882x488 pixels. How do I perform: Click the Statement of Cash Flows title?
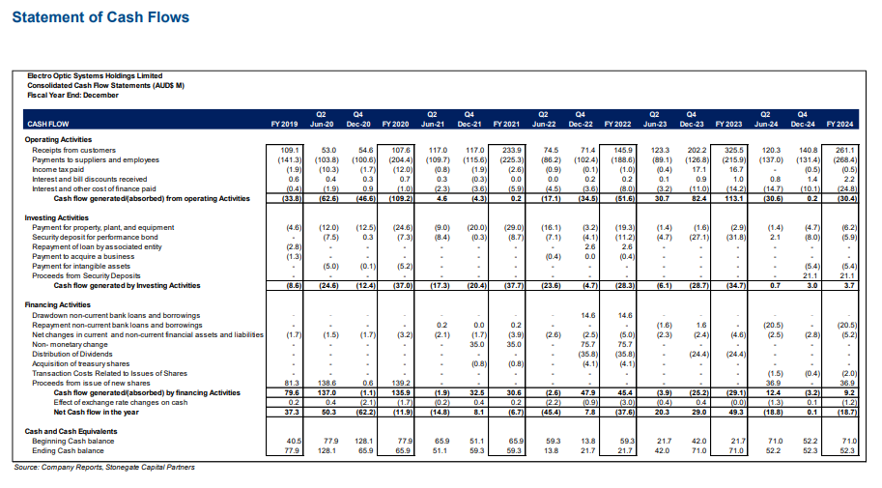[100, 17]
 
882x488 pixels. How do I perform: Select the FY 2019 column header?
[284, 125]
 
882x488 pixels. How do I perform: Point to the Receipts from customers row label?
[68, 151]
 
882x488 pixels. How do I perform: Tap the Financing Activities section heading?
[58, 305]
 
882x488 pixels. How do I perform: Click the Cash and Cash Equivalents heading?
[67, 430]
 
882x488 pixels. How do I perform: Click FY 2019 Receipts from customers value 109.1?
[289, 151]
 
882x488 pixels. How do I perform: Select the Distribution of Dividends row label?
[71, 355]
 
